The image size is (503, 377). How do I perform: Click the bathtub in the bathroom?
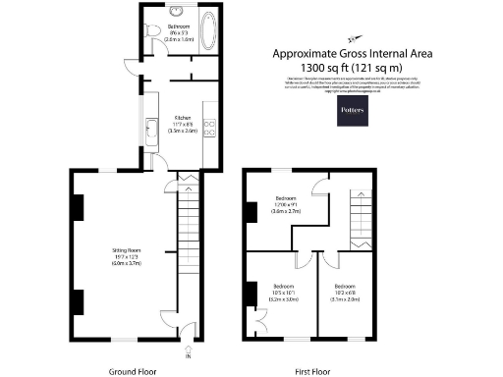(x=207, y=30)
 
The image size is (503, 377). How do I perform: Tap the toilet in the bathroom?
(x=150, y=33)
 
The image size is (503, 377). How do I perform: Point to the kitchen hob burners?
(x=209, y=132)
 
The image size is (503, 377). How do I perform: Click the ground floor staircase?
(x=188, y=236)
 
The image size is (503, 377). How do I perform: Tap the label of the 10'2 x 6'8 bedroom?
(x=349, y=292)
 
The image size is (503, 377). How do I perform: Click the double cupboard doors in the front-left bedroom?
(x=259, y=321)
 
